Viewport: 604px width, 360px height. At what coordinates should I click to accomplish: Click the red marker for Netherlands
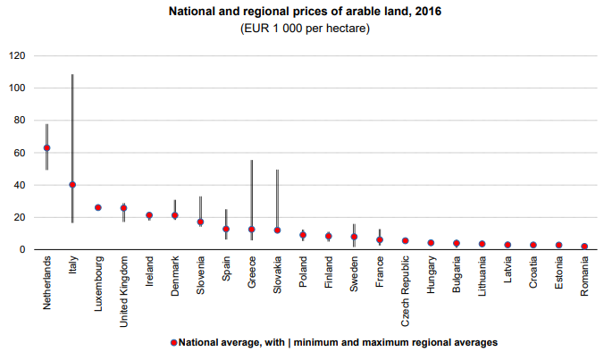[46, 148]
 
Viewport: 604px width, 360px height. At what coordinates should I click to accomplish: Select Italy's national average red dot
[72, 185]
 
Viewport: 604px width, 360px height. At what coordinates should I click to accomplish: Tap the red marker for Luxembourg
[98, 207]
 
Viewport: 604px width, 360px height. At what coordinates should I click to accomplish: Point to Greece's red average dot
[251, 230]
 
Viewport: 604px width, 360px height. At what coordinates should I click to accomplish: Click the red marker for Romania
[584, 247]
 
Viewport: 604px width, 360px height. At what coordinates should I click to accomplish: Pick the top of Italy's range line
[72, 74]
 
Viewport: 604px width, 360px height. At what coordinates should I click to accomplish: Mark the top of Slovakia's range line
[277, 170]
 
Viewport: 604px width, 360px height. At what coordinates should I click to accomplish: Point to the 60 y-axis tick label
[19, 153]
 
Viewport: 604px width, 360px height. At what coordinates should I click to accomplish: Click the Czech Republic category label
[406, 284]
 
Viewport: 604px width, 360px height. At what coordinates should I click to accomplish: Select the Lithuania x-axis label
[482, 276]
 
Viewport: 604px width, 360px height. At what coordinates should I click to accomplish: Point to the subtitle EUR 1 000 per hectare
[305, 29]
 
